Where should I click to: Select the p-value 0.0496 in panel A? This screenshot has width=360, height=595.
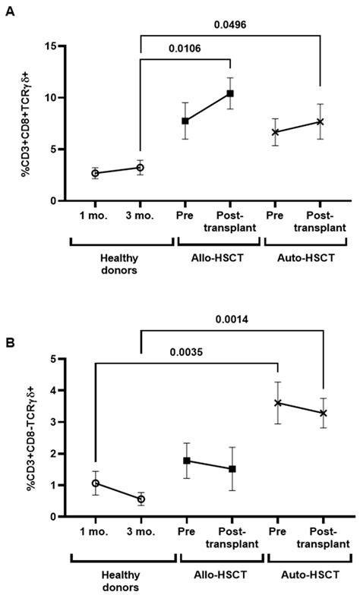coord(230,24)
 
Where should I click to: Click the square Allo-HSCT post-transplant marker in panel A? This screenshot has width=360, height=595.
coord(229,93)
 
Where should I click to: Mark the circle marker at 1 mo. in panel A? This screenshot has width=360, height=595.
coord(95,173)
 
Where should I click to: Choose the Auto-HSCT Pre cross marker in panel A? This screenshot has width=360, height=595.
coord(275,132)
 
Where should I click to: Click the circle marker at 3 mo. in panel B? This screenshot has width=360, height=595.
coord(141,499)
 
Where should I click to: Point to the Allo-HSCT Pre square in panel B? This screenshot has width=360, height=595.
coord(186,461)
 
